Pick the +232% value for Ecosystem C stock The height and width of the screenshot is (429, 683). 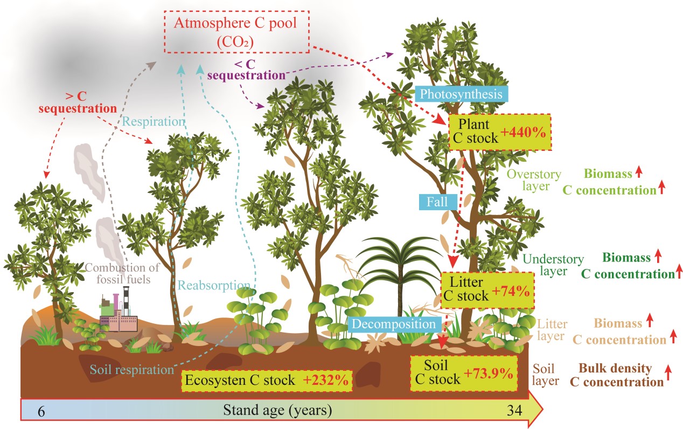(325, 380)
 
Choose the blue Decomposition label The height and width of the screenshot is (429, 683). (394, 324)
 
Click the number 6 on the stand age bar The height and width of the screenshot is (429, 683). (41, 411)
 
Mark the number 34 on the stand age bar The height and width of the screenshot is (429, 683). (514, 411)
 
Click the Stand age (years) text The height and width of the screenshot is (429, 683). (277, 411)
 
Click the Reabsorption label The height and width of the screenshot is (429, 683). (214, 285)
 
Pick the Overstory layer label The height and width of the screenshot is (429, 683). (534, 180)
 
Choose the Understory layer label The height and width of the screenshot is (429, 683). (553, 265)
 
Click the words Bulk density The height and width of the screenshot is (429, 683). (615, 369)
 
